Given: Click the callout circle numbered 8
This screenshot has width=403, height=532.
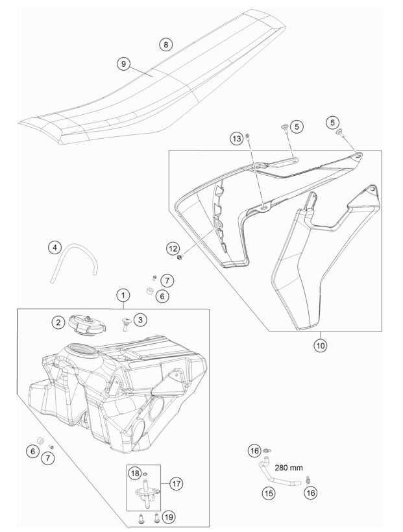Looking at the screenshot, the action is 165,45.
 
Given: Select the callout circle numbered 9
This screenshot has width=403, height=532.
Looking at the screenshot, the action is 123,64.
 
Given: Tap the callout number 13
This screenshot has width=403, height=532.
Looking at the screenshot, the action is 237,138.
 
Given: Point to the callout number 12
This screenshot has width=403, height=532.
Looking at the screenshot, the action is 173,248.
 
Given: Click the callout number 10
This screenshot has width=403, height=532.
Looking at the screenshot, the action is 320,345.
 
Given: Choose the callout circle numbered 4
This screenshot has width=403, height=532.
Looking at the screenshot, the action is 55,247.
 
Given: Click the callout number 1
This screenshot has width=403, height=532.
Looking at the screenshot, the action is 123,295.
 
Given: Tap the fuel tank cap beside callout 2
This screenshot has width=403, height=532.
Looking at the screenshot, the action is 87,324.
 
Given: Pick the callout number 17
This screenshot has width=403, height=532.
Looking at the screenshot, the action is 176,483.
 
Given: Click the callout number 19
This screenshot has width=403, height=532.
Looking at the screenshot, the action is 169,516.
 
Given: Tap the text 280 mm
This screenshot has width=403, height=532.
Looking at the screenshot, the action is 289,468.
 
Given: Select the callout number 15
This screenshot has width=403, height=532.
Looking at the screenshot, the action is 269,492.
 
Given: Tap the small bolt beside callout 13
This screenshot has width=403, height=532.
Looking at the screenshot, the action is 249,136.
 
